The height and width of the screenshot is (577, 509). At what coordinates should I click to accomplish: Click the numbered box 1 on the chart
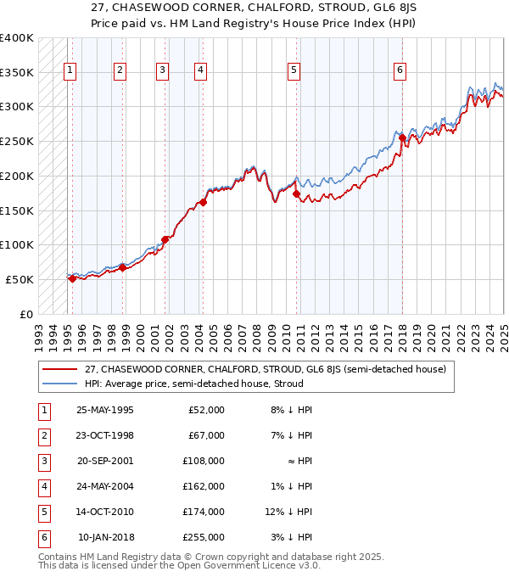(x=69, y=70)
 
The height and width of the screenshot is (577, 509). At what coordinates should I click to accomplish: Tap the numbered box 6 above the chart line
(x=400, y=70)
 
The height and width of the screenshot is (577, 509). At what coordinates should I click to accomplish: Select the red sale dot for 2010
(x=296, y=194)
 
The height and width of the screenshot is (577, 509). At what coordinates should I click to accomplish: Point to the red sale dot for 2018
(x=402, y=137)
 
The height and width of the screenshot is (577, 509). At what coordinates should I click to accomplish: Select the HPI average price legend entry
(x=193, y=384)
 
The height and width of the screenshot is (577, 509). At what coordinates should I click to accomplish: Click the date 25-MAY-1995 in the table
(x=104, y=411)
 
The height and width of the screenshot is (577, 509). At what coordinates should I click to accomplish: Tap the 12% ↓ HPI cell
(x=288, y=512)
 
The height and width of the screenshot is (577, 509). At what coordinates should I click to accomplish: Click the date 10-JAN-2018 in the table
(x=105, y=537)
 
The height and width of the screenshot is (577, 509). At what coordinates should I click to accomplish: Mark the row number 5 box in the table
(x=43, y=512)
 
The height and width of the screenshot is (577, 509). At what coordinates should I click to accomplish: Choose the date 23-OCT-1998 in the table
(x=104, y=436)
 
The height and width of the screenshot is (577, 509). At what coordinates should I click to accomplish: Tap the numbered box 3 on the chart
(x=162, y=70)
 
